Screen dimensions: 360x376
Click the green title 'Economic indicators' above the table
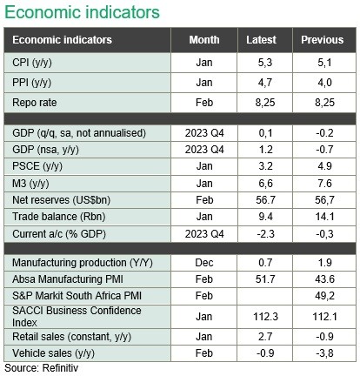click(x=82, y=12)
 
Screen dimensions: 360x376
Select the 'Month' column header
click(x=204, y=40)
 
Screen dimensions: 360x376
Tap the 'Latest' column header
click(x=261, y=40)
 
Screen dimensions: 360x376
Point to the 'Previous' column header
click(x=322, y=40)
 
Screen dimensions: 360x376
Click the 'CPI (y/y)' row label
click(x=32, y=63)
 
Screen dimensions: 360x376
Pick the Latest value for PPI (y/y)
click(x=265, y=83)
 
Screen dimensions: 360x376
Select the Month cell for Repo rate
click(x=204, y=103)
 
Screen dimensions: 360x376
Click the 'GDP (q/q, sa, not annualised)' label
click(x=79, y=133)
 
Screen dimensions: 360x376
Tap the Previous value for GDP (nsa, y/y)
click(x=324, y=150)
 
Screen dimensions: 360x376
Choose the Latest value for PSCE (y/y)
click(x=265, y=166)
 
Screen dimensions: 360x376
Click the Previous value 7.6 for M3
click(x=324, y=184)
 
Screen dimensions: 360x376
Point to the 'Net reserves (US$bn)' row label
click(x=61, y=200)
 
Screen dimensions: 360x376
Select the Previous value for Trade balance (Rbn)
click(x=324, y=217)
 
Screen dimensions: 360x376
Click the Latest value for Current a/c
click(x=265, y=234)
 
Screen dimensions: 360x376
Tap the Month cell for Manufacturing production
click(x=204, y=263)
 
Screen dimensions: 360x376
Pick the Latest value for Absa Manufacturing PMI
click(x=265, y=279)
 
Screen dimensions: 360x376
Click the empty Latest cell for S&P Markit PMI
click(x=265, y=296)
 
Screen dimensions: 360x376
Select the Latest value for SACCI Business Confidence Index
click(x=265, y=317)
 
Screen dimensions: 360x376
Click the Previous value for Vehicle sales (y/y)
click(x=324, y=353)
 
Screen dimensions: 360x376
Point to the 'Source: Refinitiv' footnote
click(x=42, y=368)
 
